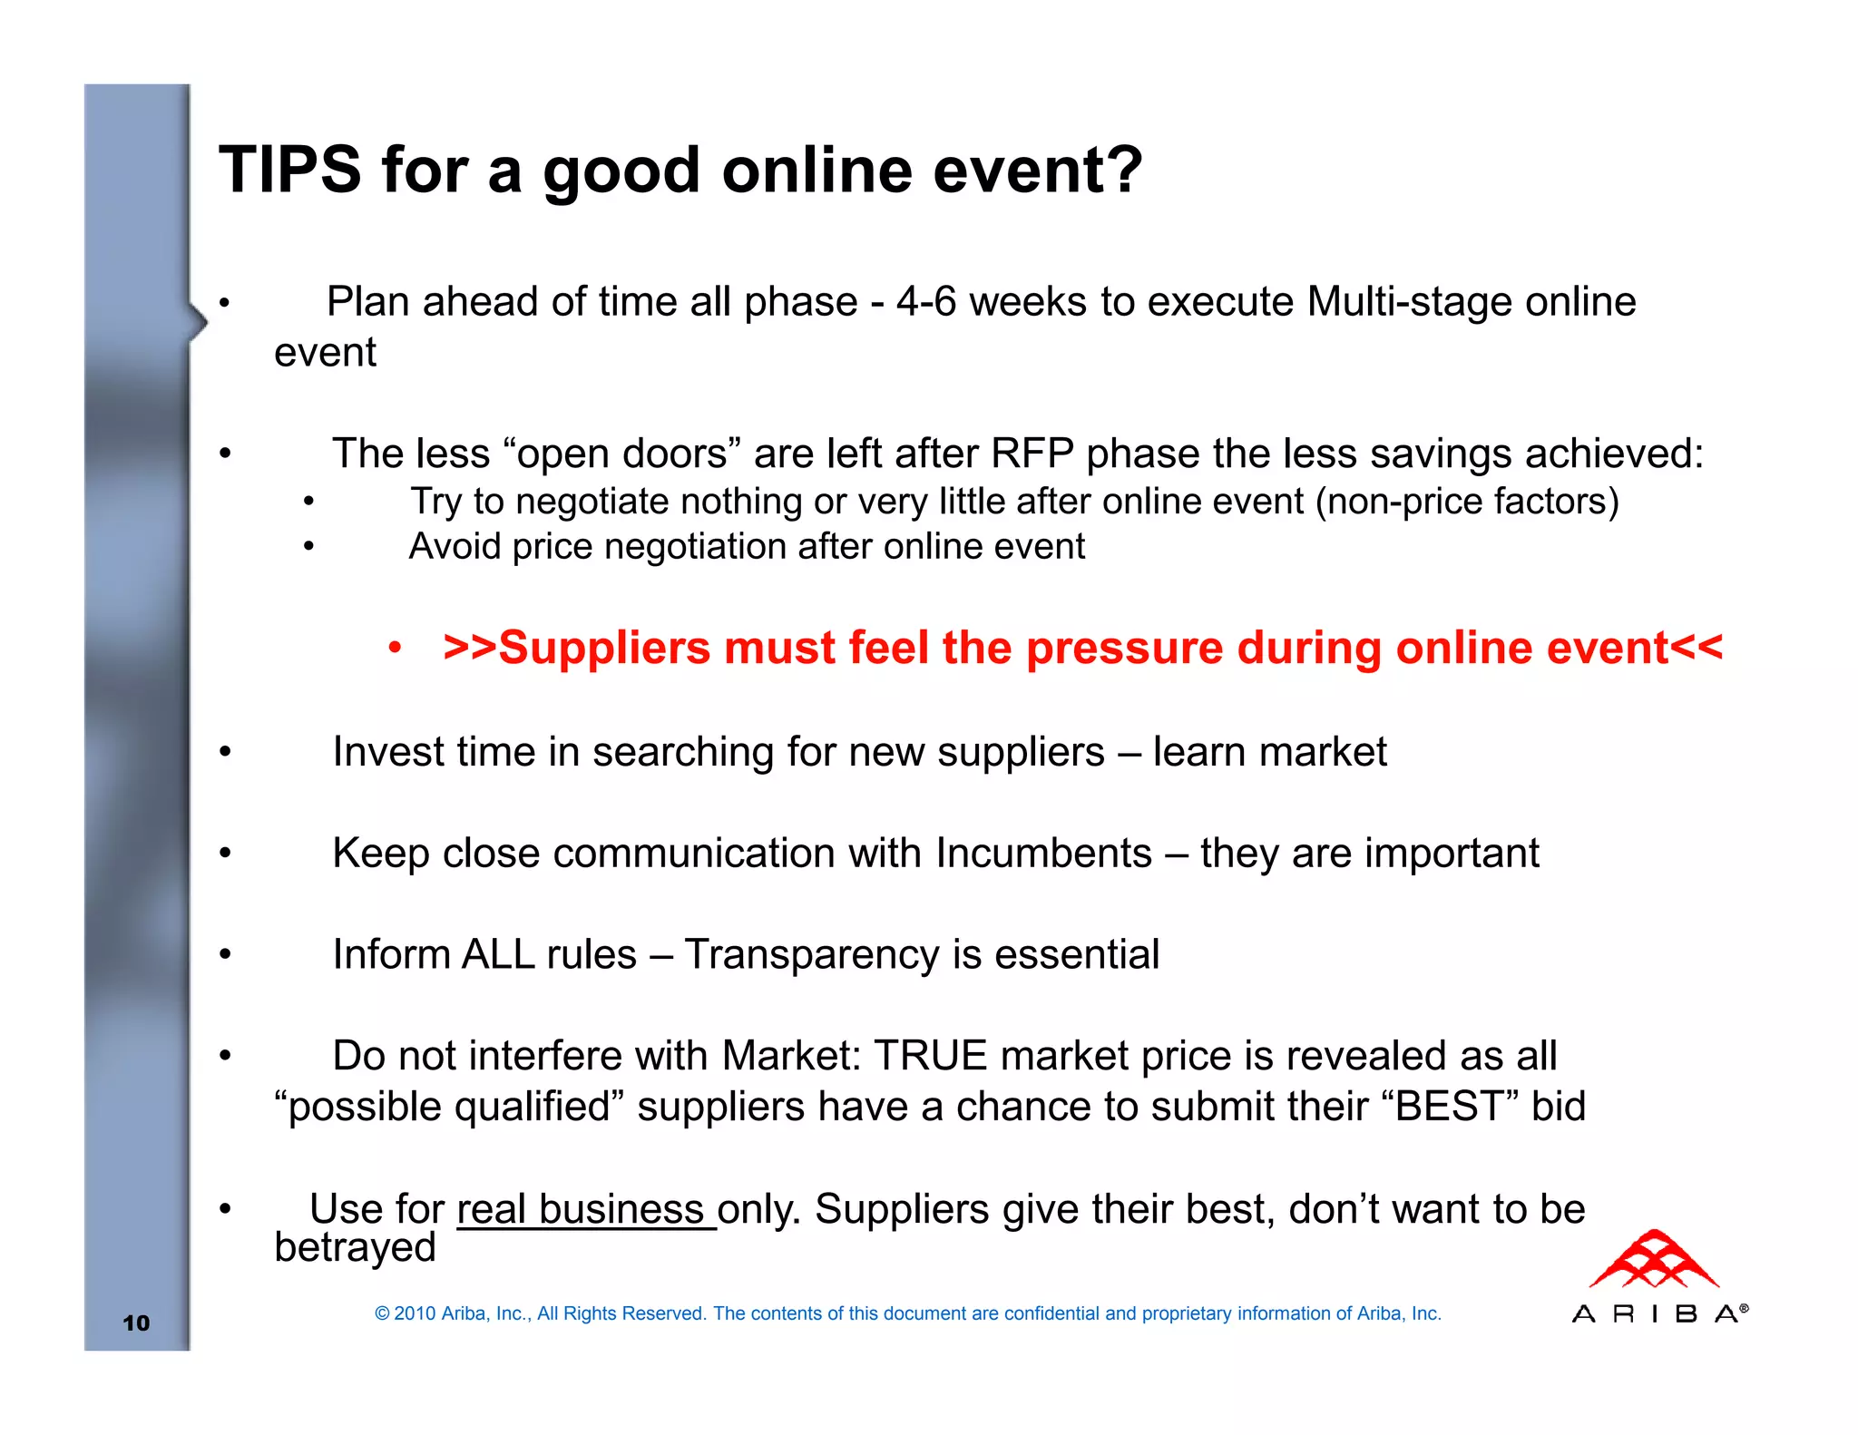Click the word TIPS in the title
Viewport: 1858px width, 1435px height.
coord(290,170)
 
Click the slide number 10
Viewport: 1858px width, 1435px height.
coord(136,1323)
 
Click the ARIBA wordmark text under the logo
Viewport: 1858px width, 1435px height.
coord(1658,1313)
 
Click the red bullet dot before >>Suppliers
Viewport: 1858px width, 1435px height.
coord(395,649)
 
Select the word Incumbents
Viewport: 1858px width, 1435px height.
coord(1043,854)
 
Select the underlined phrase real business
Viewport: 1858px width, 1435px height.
coord(581,1210)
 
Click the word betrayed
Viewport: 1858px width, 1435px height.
coord(355,1248)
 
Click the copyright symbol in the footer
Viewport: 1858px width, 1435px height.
coord(382,1313)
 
